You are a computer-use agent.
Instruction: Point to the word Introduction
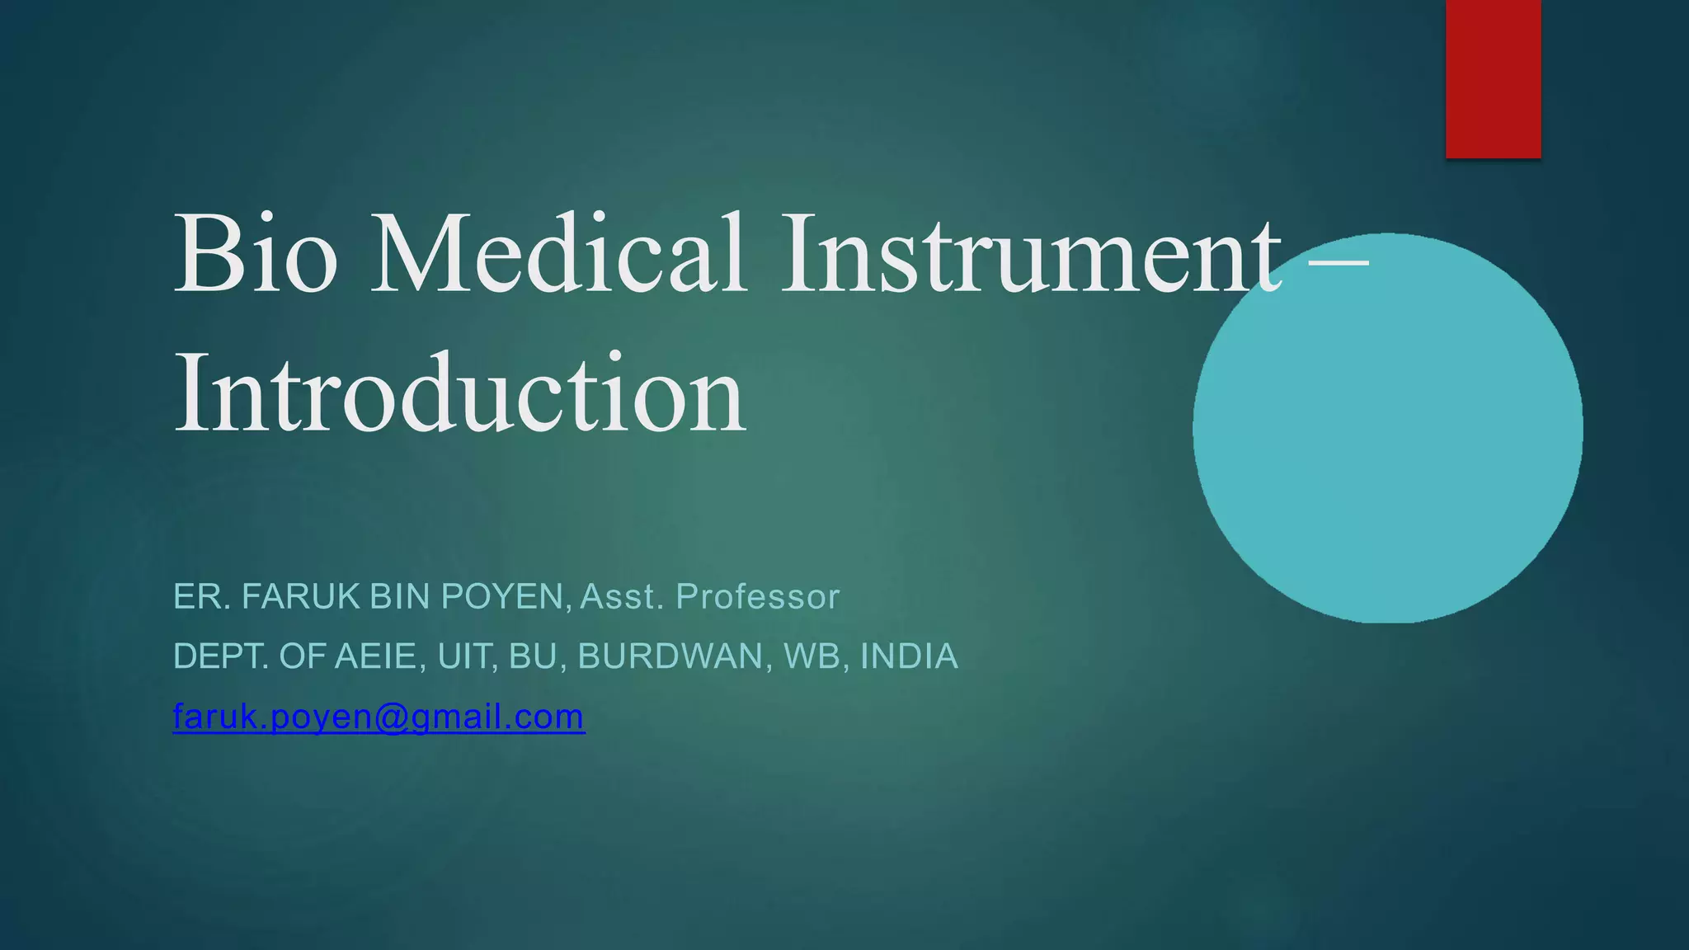(x=460, y=393)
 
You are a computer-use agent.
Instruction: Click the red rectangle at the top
(x=1493, y=78)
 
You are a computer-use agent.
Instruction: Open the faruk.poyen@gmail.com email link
(x=379, y=717)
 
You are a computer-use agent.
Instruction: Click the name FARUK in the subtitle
(x=301, y=596)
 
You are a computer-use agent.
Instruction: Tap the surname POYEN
(x=502, y=596)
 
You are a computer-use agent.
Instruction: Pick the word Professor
(x=757, y=596)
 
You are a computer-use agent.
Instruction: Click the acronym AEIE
(x=380, y=656)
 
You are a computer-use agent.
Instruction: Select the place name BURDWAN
(x=675, y=656)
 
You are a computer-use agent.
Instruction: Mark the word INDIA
(x=909, y=656)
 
